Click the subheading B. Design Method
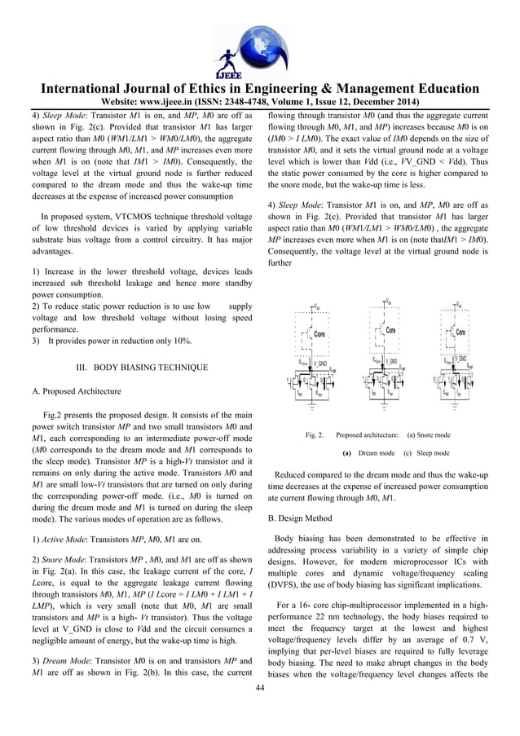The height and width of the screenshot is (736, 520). pos(302,517)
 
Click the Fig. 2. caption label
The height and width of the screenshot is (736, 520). pos(315,435)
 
